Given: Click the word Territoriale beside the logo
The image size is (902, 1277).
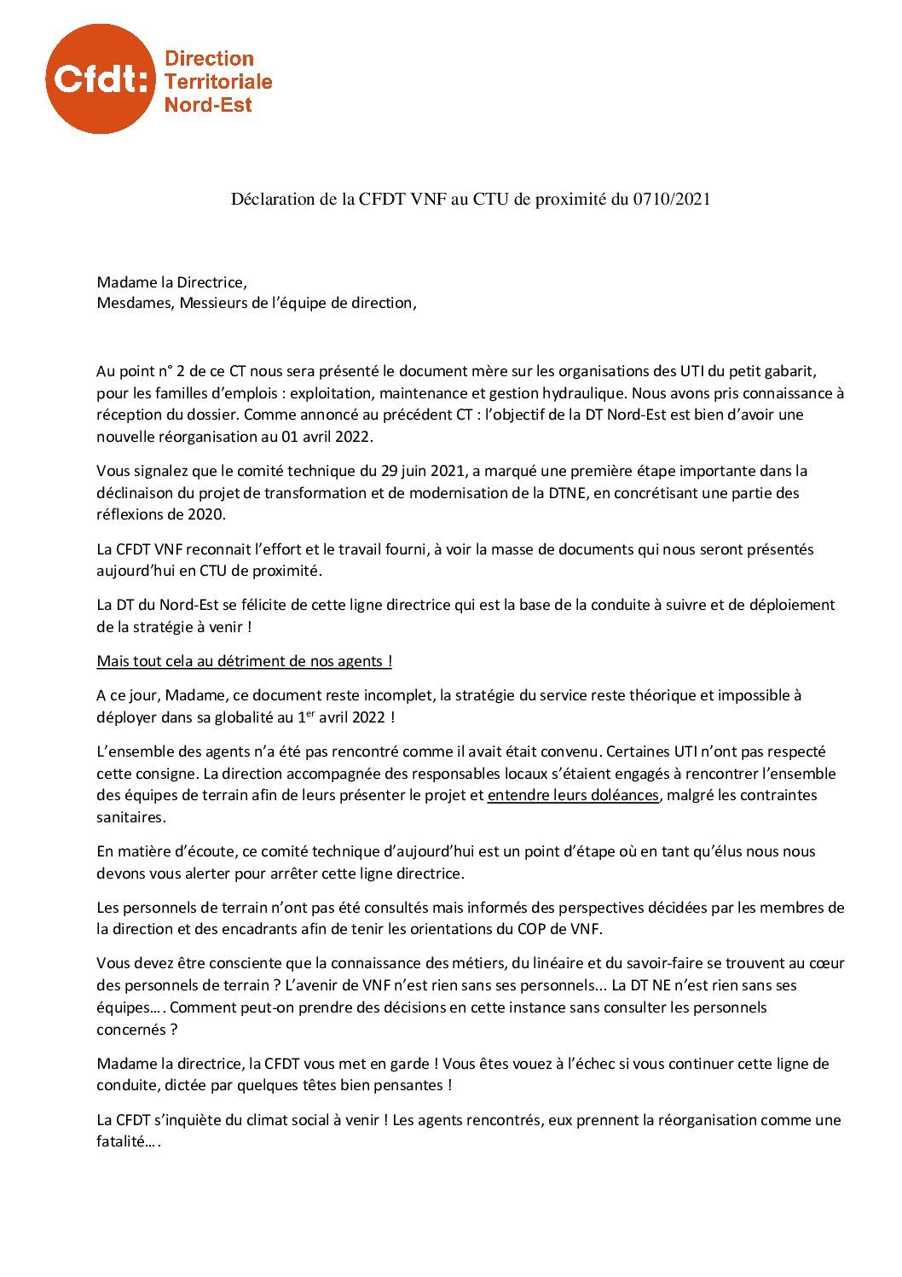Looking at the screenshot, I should click(217, 81).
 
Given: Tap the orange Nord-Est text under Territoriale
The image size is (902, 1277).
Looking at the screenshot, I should click(208, 105).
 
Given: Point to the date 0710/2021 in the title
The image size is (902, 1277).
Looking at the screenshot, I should click(672, 200).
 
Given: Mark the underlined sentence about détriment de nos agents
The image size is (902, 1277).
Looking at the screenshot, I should click(244, 661).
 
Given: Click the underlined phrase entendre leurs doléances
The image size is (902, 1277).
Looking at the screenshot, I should click(573, 795).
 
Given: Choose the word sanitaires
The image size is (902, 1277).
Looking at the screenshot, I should click(131, 817).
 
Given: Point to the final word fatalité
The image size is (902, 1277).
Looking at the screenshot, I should click(125, 1141).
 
